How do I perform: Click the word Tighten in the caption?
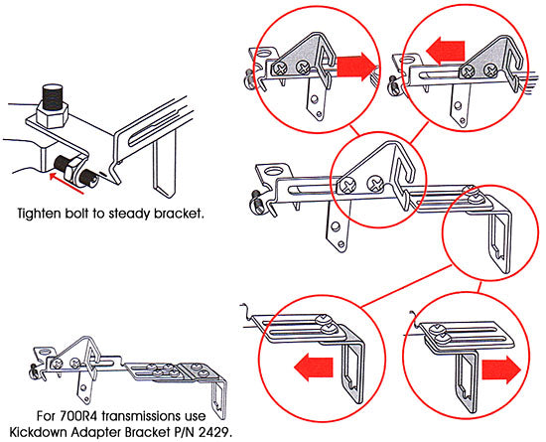[x=39, y=213]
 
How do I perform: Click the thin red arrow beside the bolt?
[x=67, y=182]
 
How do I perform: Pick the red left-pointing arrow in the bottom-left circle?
[x=314, y=368]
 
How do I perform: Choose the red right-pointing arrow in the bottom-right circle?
[x=501, y=369]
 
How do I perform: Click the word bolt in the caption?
[x=76, y=213]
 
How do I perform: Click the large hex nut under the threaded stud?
[x=52, y=116]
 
